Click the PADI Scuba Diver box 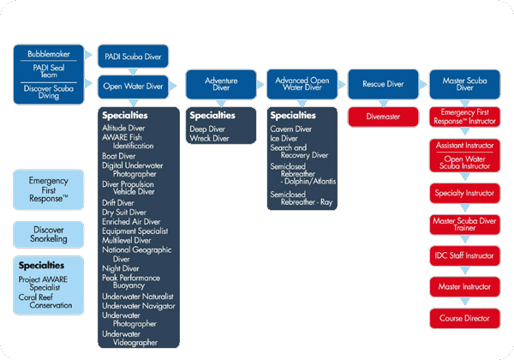click(134, 57)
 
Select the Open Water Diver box click(134, 86)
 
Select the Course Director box click(464, 318)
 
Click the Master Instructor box click(464, 286)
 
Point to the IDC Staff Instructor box click(464, 255)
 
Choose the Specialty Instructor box click(464, 194)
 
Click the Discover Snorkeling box click(49, 233)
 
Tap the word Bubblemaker click(49, 53)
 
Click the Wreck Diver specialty click(209, 138)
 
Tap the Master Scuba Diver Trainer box click(464, 225)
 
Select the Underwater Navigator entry click(138, 305)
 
